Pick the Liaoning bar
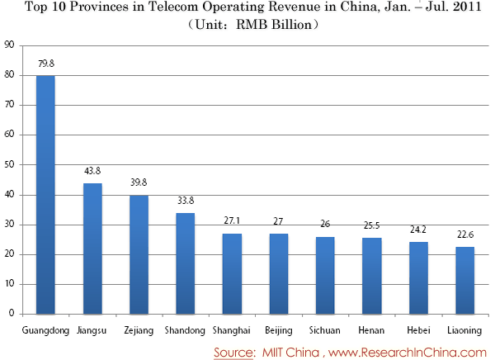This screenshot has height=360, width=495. tap(464, 280)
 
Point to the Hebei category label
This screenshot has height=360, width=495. tap(419, 330)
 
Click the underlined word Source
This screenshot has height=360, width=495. tap(233, 352)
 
